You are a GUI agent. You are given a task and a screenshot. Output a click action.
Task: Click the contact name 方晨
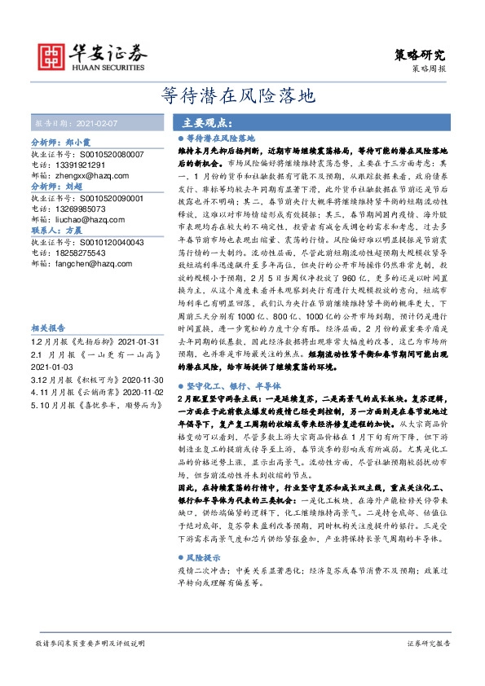(x=73, y=231)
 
